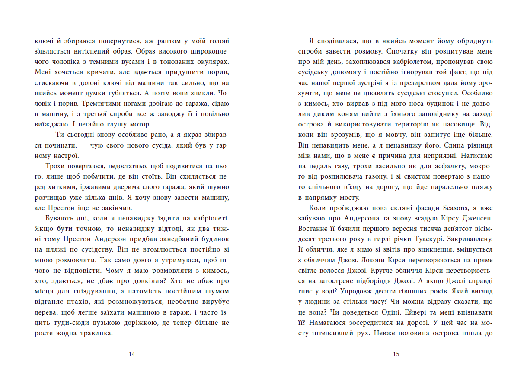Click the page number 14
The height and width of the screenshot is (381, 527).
[x=132, y=354]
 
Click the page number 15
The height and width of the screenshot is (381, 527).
[x=396, y=354]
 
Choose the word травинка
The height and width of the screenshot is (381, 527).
[x=96, y=333]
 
